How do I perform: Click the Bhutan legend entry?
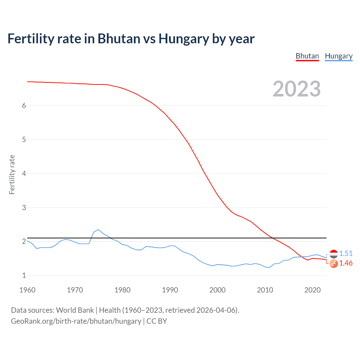(307, 56)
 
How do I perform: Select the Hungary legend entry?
(339, 56)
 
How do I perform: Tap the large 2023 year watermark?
(296, 89)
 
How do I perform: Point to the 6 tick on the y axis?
(24, 105)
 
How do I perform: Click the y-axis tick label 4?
(24, 174)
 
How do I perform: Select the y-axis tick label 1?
(24, 275)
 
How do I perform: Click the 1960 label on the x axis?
(27, 290)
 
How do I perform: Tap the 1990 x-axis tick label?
(170, 290)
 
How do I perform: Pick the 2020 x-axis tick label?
(312, 290)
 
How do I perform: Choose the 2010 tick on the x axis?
(265, 290)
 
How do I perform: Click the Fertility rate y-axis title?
(12, 174)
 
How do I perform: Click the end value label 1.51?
(346, 253)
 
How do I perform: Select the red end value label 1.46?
(346, 263)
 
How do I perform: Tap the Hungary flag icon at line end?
(334, 254)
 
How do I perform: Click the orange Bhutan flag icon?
(334, 264)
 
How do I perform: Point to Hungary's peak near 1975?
(98, 229)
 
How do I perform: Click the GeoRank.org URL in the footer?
(76, 321)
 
